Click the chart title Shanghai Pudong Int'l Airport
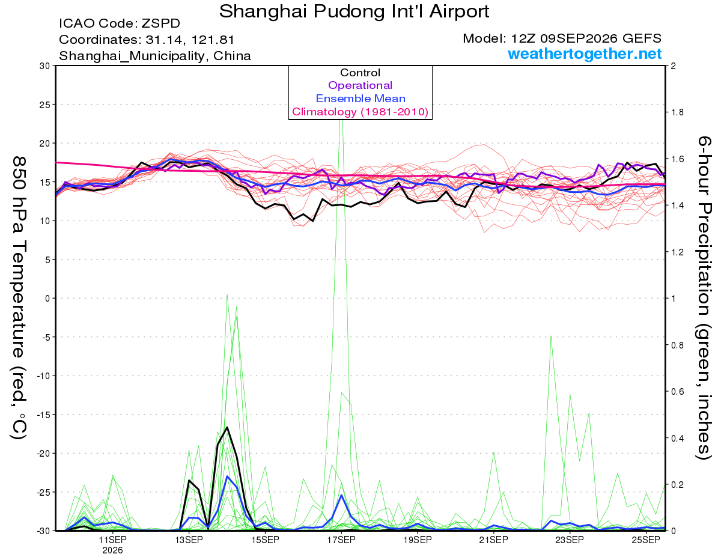click(354, 11)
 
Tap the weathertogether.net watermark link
click(585, 53)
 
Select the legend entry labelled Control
click(360, 73)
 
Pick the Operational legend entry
click(360, 85)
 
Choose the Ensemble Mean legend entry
click(360, 99)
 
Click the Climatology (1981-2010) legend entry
click(360, 112)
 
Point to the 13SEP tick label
click(189, 540)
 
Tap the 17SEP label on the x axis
click(341, 540)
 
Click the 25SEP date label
click(646, 540)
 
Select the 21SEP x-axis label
click(493, 540)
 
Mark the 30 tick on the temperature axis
click(45, 66)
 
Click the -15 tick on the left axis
click(43, 415)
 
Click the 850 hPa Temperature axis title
click(19, 298)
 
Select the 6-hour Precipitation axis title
click(704, 297)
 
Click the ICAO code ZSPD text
click(120, 23)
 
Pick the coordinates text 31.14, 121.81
click(190, 40)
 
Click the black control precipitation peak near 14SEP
click(227, 427)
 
